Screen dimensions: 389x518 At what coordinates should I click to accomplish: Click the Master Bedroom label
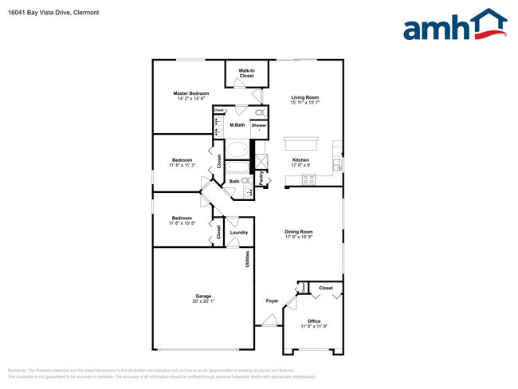pos(190,93)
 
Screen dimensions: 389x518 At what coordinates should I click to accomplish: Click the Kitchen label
pos(300,160)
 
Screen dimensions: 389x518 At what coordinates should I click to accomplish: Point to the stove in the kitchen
pos(307,182)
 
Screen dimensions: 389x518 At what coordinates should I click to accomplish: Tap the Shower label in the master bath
pos(259,125)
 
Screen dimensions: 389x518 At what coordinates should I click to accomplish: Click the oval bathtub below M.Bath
pos(237,149)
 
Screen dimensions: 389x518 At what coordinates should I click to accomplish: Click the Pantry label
pos(261,179)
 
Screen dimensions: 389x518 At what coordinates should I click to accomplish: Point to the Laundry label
pos(239,233)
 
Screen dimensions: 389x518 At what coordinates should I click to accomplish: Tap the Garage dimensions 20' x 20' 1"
pos(202,301)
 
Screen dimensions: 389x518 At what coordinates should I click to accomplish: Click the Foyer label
pos(272,301)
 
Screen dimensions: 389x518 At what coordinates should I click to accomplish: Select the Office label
pos(314,321)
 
